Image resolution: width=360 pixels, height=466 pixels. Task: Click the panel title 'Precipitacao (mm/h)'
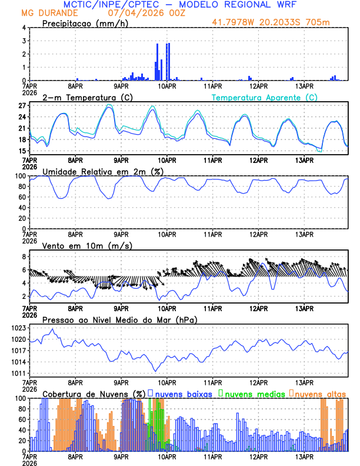82,24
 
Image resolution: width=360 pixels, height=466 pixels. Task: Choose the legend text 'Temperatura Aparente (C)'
265,97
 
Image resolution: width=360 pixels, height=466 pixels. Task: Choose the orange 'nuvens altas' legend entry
320,393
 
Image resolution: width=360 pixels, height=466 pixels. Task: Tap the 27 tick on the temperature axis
22,106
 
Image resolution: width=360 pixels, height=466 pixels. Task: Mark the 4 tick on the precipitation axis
24,28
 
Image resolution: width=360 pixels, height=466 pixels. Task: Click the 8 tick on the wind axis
24,257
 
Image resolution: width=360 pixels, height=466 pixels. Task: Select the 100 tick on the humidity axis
19,176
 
